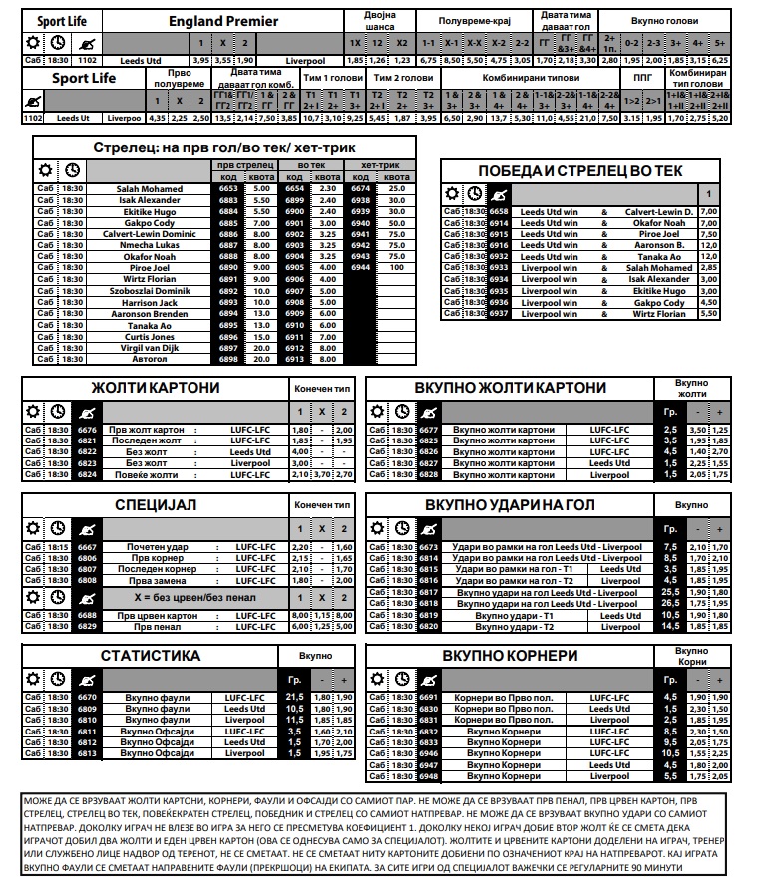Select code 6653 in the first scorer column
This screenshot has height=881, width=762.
click(x=228, y=188)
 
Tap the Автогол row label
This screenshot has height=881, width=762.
click(x=150, y=359)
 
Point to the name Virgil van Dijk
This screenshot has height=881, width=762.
click(x=150, y=347)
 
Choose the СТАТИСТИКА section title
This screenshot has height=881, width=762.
click(x=150, y=656)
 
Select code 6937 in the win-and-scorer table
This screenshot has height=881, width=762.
click(x=499, y=314)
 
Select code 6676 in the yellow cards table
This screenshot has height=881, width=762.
click(x=87, y=430)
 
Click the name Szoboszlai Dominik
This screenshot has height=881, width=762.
click(x=150, y=291)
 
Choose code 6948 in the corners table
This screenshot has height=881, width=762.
click(x=429, y=776)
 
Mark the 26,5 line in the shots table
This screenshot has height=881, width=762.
click(x=671, y=603)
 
